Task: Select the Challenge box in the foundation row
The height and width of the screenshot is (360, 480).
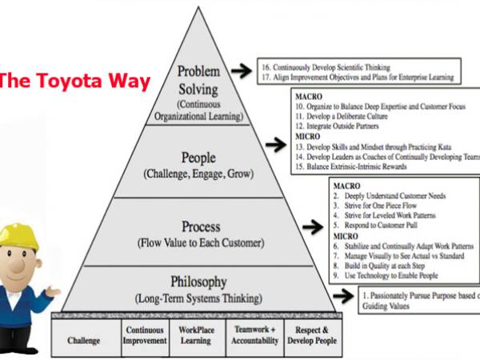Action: pyautogui.click(x=84, y=339)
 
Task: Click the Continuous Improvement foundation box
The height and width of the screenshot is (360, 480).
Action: pyautogui.click(x=144, y=334)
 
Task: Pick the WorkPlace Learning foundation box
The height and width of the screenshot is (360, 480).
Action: pyautogui.click(x=195, y=334)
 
